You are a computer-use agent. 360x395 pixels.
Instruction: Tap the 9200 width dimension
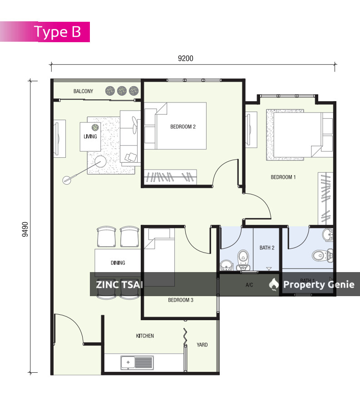pos(186,59)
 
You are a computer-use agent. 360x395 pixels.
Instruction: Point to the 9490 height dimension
pos(25,229)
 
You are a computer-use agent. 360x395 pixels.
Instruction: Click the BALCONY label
pos(83,91)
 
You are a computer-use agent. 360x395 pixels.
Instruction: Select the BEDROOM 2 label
pos(183,127)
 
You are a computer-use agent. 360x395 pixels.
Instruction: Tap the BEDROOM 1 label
pos(283,177)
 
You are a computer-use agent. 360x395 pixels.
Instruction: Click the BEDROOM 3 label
pos(181,300)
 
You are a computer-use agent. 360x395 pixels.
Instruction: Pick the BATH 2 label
pos(267,248)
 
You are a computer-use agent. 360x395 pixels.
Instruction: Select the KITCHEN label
pos(145,336)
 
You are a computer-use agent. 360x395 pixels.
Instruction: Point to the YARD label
pos(202,345)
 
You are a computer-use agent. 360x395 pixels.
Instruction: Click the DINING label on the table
pos(118,263)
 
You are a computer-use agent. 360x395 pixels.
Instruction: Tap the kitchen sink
pos(137,362)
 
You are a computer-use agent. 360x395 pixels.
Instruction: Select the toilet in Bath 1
pos(322,255)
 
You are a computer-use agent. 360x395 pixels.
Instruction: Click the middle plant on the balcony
pos(122,91)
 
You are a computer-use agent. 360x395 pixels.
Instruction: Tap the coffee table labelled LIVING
pos(90,137)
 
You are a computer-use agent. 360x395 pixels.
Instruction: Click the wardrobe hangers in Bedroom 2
pos(170,177)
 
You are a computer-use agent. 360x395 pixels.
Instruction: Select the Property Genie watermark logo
pos(274,285)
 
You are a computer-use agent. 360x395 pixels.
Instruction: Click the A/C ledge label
pos(249,285)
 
